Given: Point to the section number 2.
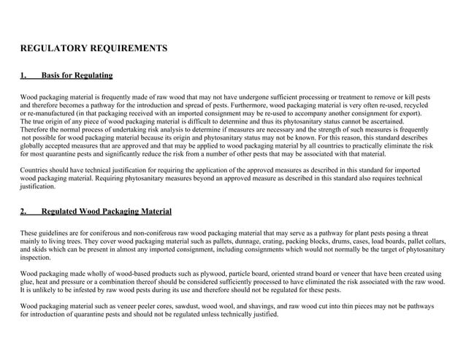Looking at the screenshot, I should click(x=23, y=212).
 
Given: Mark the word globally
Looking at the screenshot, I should click(x=35, y=146).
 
